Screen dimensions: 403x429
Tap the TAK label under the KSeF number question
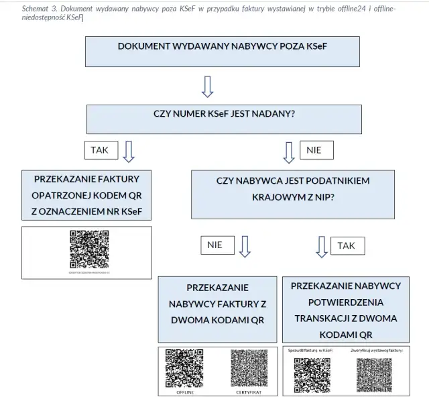click(99, 150)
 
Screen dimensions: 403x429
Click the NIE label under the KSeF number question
click(314, 150)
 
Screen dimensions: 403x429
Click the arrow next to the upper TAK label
click(129, 151)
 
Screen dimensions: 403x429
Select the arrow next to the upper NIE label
click(289, 152)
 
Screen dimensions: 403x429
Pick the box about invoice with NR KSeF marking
click(87, 196)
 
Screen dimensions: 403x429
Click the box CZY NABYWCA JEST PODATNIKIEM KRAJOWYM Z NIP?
click(293, 194)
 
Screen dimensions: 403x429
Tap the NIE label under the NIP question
click(214, 245)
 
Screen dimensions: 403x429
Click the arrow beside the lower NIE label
click(245, 246)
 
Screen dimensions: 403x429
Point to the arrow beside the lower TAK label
click(322, 246)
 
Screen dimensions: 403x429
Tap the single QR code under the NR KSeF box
click(88, 249)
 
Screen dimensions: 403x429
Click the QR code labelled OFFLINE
click(184, 369)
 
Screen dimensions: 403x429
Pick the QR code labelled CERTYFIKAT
click(248, 369)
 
